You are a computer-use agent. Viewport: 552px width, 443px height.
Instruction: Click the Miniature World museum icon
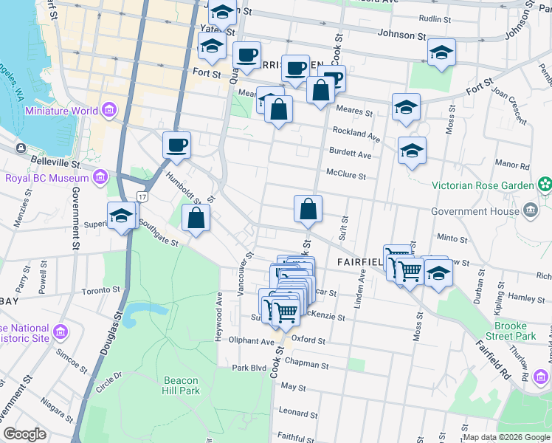point(109,111)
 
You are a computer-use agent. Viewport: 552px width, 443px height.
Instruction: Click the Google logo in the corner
point(24,434)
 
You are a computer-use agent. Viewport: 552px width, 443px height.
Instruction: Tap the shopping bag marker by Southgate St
point(196,219)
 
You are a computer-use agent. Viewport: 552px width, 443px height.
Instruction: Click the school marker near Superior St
point(122,216)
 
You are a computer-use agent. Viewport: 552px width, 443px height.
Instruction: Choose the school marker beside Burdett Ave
point(412,151)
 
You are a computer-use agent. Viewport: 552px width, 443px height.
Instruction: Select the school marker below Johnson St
point(441,52)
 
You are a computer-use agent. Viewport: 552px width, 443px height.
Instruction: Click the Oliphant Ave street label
point(251,341)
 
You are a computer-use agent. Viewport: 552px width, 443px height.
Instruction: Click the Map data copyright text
point(506,437)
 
